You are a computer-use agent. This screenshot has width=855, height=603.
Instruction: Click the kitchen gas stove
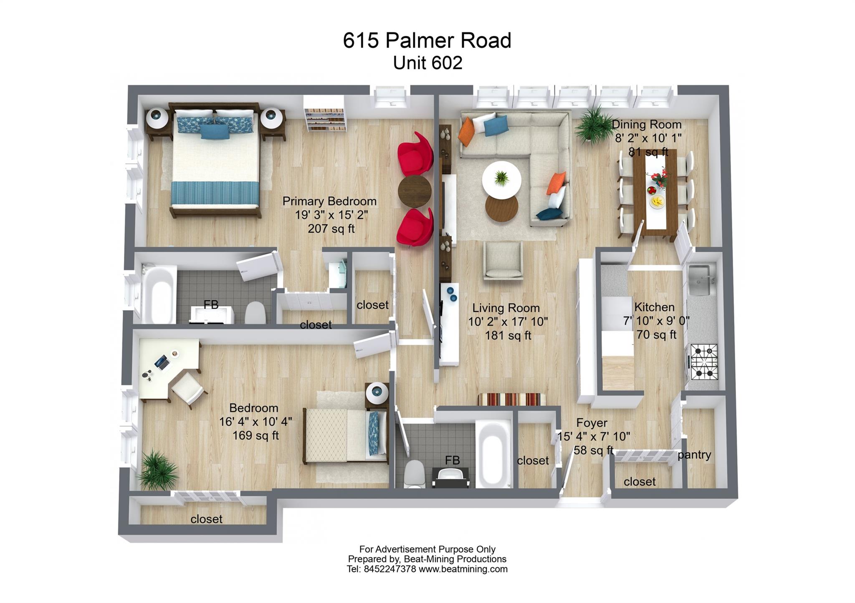[704, 362]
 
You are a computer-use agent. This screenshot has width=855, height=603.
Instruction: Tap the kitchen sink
[702, 279]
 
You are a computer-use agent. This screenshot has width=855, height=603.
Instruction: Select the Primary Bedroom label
[329, 201]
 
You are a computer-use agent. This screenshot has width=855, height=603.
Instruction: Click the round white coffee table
[501, 179]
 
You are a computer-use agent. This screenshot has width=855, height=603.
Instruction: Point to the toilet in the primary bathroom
[255, 314]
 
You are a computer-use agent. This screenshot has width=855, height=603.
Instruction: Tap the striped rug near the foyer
[512, 399]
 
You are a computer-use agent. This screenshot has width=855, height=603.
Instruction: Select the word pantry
[694, 455]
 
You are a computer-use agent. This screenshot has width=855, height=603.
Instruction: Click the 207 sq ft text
[331, 229]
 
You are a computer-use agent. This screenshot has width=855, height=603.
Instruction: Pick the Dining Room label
[646, 125]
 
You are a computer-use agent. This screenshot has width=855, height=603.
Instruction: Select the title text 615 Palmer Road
[427, 41]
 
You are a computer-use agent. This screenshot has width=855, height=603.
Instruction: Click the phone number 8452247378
[390, 569]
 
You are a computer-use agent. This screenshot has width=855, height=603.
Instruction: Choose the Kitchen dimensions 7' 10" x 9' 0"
[656, 321]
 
